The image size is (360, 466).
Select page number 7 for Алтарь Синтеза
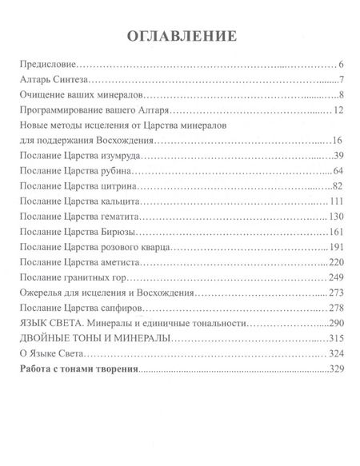point(341,81)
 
